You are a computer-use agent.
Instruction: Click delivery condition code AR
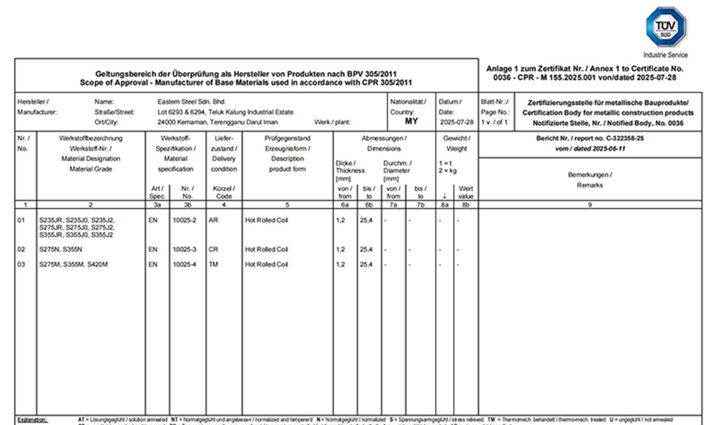213,219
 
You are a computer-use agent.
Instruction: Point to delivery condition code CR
213,249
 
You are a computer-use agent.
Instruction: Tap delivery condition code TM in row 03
213,264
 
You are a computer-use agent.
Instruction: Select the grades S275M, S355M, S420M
73,264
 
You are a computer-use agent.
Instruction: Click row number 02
22,249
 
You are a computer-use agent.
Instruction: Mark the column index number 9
589,204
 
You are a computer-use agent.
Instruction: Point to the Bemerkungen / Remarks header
589,180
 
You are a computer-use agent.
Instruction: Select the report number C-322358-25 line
590,138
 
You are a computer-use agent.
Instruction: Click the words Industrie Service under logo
665,54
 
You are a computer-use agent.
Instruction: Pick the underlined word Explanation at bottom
32,419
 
